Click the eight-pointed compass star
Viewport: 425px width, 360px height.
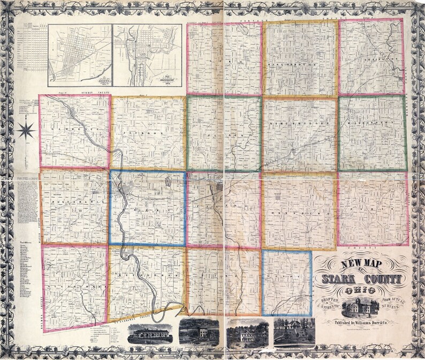(x=26, y=130)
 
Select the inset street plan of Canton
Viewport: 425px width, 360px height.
(x=80, y=55)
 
